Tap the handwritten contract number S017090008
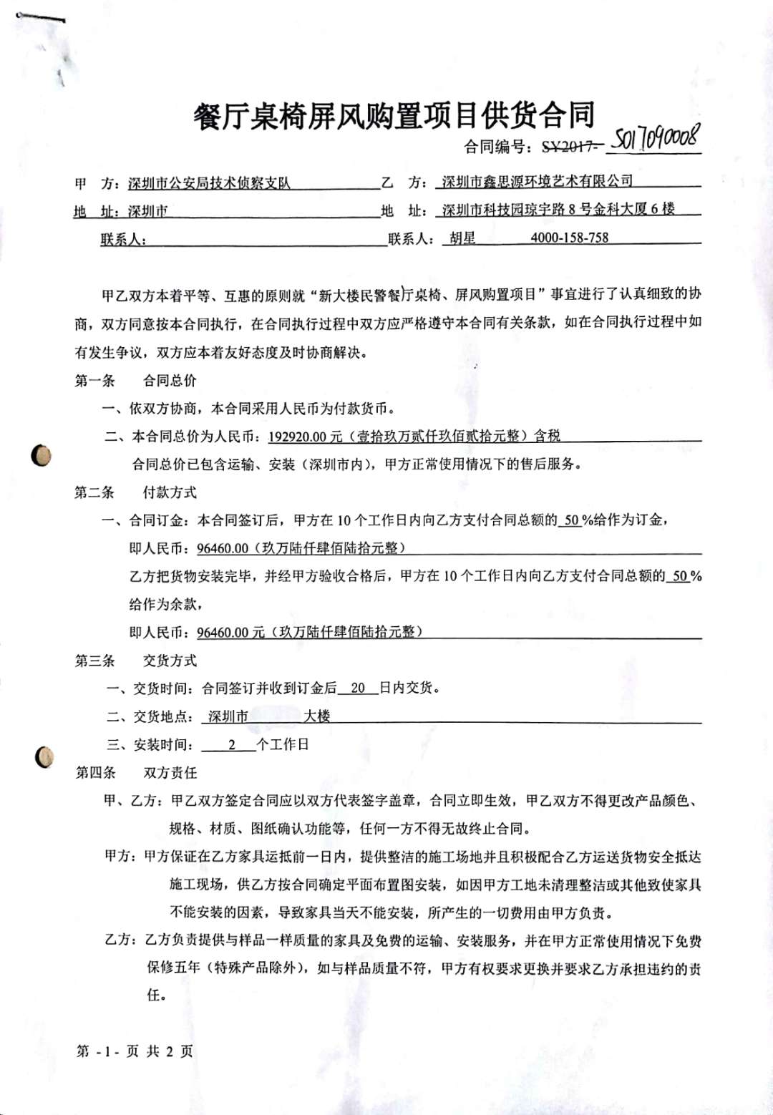click(656, 137)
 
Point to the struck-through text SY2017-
click(570, 147)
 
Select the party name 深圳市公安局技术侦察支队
click(209, 183)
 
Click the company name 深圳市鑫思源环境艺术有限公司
click(537, 182)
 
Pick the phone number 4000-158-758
click(570, 238)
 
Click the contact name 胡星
click(462, 238)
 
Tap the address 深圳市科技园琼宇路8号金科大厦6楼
click(558, 210)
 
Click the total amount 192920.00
click(297, 437)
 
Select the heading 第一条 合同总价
click(135, 381)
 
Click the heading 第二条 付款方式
click(135, 492)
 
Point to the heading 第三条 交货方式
click(135, 661)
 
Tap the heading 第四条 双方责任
click(136, 773)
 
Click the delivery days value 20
click(358, 688)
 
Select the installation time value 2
click(232, 745)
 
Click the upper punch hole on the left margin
click(42, 455)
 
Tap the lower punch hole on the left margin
click(44, 757)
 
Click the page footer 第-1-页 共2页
click(135, 1051)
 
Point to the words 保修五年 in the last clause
click(174, 968)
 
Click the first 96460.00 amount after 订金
click(223, 549)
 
